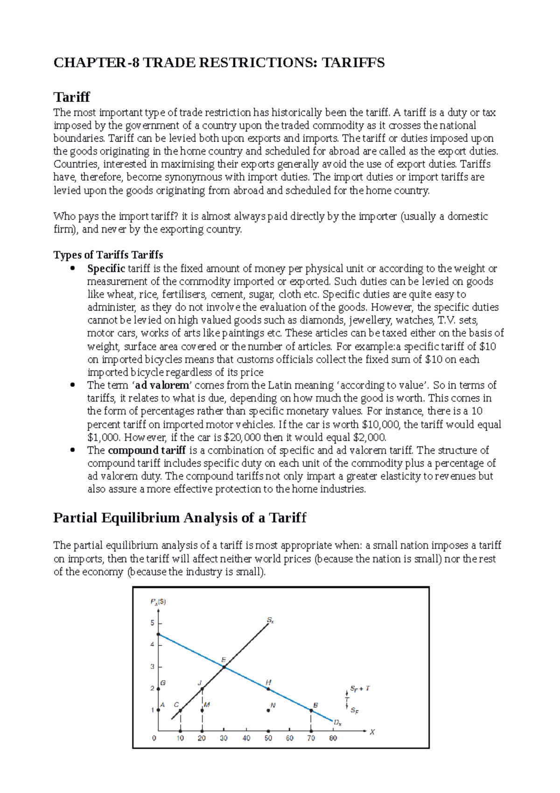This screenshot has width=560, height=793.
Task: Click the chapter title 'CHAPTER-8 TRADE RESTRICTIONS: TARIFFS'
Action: click(219, 63)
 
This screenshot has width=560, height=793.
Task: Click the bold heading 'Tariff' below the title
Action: click(71, 97)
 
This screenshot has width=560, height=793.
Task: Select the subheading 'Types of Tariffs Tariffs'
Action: click(108, 255)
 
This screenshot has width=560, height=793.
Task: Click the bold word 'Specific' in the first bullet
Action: click(106, 269)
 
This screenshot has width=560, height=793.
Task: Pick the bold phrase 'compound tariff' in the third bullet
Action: click(147, 450)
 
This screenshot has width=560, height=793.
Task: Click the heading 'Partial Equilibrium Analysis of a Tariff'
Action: click(180, 518)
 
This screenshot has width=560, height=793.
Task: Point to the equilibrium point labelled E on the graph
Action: click(224, 667)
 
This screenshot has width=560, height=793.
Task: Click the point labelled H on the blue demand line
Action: click(268, 688)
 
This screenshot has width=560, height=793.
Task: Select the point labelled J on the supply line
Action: click(202, 688)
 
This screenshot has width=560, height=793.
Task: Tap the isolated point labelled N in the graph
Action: click(268, 710)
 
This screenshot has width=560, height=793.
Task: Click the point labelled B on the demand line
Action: click(311, 710)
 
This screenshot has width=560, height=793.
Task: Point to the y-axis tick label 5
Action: click(152, 623)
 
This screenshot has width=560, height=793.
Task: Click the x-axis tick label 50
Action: click(268, 738)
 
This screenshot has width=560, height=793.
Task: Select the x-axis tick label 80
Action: click(333, 738)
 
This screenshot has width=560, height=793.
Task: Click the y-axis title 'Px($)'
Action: click(158, 602)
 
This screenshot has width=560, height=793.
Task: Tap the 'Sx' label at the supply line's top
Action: click(271, 620)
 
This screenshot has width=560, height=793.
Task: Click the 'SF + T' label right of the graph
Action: click(360, 688)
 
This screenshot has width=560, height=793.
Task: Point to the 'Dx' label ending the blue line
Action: click(337, 722)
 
